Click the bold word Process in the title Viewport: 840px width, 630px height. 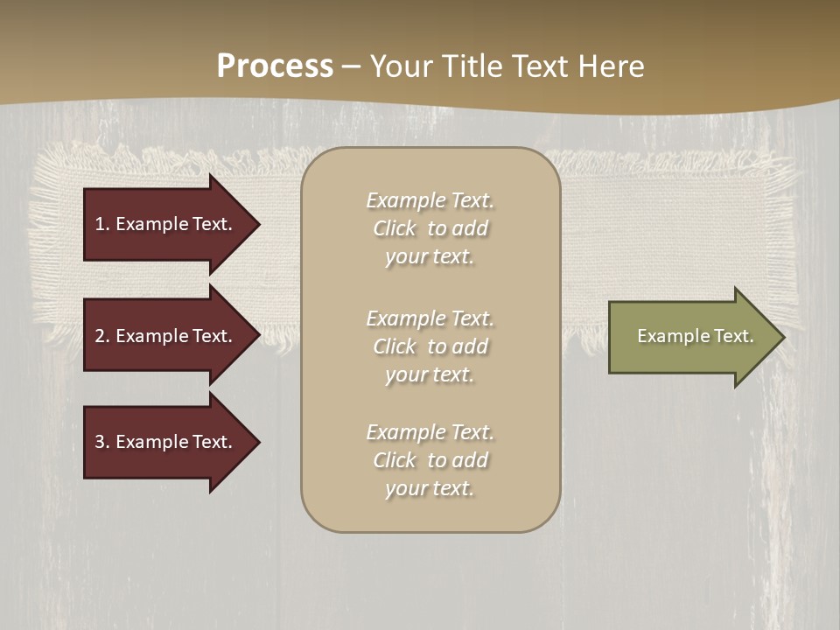pos(275,66)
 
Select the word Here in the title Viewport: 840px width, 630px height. pos(610,66)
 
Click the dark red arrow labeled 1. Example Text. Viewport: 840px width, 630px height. pos(166,224)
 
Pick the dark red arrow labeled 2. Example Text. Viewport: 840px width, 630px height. pos(166,336)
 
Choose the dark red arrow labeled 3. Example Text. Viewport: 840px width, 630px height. pos(166,442)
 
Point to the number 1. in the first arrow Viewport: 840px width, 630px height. pos(102,224)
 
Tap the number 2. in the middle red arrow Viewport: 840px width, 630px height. pos(102,336)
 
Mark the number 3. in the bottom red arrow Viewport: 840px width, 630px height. pos(102,442)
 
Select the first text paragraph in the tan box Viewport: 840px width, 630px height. pos(430,228)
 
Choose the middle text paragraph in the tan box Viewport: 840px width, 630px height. pos(430,346)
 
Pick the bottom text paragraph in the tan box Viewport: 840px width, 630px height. pos(430,460)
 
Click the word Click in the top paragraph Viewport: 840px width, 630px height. pos(395,228)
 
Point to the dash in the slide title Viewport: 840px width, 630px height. pos(351,66)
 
